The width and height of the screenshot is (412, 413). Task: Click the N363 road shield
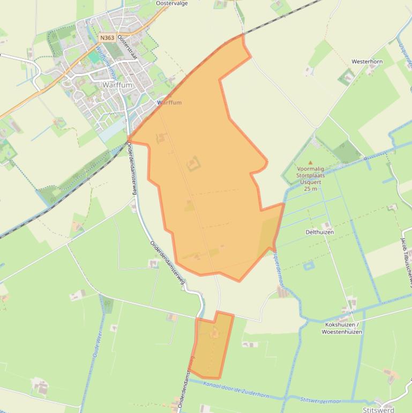pos(107,38)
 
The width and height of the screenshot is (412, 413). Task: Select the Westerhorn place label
pos(367,62)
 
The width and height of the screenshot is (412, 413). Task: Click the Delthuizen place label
pos(320,232)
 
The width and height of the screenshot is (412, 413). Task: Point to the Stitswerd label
pos(378,410)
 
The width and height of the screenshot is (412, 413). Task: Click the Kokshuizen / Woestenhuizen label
pos(341,328)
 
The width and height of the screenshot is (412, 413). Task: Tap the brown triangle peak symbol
pos(310,162)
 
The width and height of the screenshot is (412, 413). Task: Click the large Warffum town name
pos(117,85)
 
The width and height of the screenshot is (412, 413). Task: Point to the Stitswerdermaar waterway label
pos(321,400)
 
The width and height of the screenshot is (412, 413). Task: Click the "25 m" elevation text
pos(310,189)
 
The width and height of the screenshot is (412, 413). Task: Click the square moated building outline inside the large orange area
pos(192,164)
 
